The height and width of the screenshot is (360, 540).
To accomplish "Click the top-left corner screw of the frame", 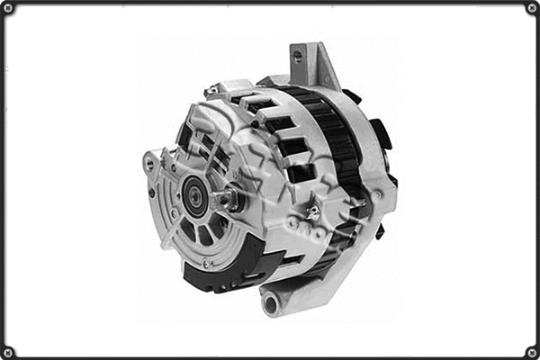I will click(x=8, y=8).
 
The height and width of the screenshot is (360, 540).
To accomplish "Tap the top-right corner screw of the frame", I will click(x=532, y=8).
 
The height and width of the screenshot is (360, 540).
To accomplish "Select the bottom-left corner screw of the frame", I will click(x=8, y=352).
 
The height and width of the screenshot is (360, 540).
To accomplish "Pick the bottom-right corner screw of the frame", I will click(x=532, y=352).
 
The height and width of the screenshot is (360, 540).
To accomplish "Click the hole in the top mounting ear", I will click(x=297, y=56).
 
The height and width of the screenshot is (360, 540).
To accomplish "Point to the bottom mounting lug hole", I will click(x=270, y=302).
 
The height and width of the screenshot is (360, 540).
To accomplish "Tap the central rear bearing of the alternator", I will click(x=193, y=190).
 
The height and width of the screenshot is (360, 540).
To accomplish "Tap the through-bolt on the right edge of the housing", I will click(x=378, y=193).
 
